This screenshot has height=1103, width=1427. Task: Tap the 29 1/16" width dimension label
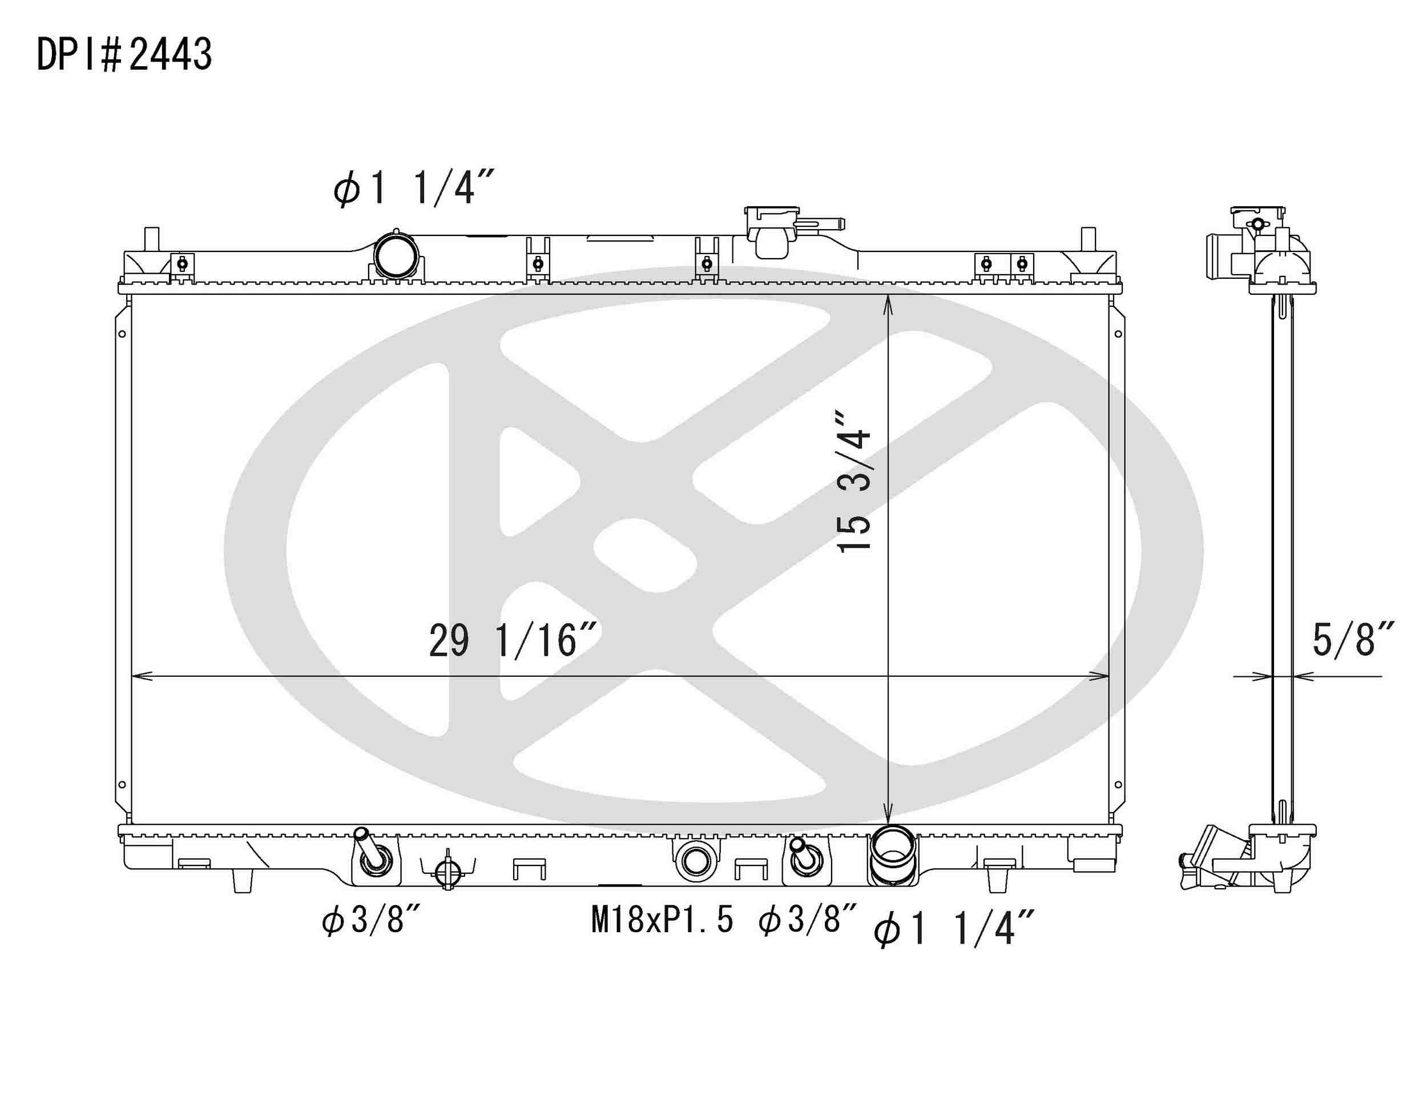pyautogui.click(x=513, y=641)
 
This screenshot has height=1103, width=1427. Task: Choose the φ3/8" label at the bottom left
pyautogui.click(x=370, y=921)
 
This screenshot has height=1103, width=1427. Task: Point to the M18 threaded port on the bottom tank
pyautogui.click(x=695, y=861)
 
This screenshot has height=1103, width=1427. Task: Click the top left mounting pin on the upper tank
pyautogui.click(x=151, y=239)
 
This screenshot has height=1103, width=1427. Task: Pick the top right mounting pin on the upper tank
pyautogui.click(x=1088, y=239)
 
